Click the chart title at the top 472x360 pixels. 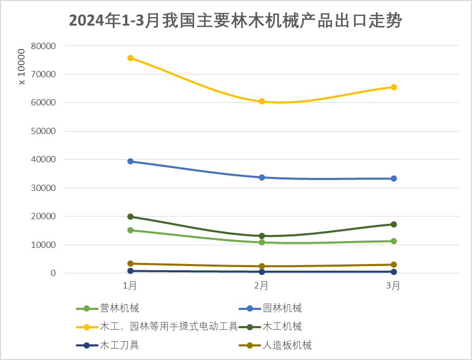tap(235, 21)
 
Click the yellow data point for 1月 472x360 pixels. tap(130, 58)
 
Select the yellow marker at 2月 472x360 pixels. tap(262, 101)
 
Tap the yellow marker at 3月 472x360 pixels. tap(394, 87)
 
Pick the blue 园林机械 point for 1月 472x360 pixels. tap(130, 161)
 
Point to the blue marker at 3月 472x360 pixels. tap(394, 178)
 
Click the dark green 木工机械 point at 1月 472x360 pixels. tap(130, 217)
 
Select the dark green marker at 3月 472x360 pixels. tap(394, 224)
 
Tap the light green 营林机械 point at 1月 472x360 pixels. tap(130, 230)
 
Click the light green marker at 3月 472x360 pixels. tap(394, 241)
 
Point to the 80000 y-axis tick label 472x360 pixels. tap(43, 46)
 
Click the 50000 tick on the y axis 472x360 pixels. tap(43, 131)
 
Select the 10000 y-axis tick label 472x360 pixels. tap(43, 245)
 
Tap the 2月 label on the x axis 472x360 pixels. tap(262, 285)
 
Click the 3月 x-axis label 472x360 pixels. tap(394, 285)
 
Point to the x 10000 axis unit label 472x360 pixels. tap(21, 67)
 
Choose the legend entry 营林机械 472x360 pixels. tap(119, 308)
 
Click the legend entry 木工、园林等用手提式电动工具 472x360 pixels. tap(168, 327)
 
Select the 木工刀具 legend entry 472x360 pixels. tap(119, 345)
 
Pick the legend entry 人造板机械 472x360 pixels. tap(287, 345)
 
